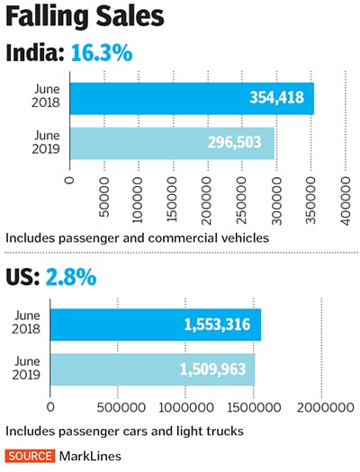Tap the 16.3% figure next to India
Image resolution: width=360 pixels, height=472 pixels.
[x=100, y=54]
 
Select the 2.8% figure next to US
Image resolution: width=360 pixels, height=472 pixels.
[x=72, y=277]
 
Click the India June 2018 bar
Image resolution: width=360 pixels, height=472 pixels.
[x=191, y=98]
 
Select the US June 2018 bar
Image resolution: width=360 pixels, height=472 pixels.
[x=155, y=324]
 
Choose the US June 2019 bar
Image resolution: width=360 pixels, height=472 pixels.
[x=152, y=369]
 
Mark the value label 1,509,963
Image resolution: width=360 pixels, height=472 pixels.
[x=213, y=369]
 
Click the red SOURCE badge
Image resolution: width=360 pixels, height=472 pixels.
[x=29, y=456]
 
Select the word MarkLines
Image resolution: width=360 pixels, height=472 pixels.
[x=88, y=456]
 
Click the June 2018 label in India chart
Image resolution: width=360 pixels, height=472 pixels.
[x=45, y=98]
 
